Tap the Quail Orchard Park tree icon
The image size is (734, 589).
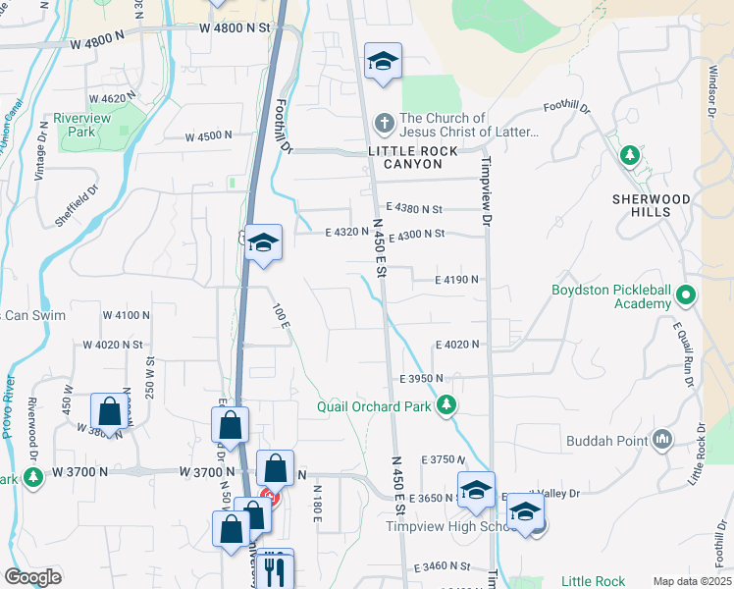(446, 405)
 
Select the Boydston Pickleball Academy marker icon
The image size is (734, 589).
(686, 294)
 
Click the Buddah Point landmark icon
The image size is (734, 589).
(662, 440)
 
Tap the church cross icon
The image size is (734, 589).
(385, 124)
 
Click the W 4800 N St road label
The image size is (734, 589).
(234, 28)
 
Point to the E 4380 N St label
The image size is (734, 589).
(414, 208)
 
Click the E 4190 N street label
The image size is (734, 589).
(457, 280)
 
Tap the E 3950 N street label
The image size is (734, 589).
(421, 378)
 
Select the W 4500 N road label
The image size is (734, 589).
(209, 135)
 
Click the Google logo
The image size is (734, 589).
(32, 576)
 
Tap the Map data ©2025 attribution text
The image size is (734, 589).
(691, 581)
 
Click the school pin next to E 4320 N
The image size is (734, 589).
(264, 241)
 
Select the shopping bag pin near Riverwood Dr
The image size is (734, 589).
(110, 411)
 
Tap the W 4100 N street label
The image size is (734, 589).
(127, 315)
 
